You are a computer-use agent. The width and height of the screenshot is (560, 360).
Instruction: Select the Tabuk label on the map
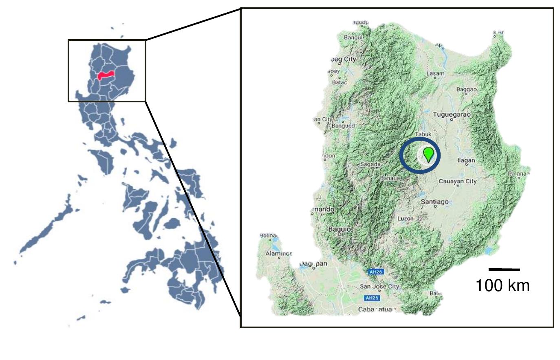click(x=423, y=134)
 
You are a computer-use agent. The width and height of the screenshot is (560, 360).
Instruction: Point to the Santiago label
click(x=434, y=202)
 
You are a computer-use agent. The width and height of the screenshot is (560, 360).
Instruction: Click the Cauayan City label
click(x=457, y=181)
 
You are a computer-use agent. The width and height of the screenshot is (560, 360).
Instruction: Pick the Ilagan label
click(x=466, y=160)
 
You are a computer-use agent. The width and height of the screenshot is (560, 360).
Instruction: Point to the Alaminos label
click(x=279, y=253)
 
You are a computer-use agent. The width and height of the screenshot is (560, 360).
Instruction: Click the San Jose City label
click(x=379, y=287)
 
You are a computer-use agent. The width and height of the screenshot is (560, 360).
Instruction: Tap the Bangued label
click(x=343, y=126)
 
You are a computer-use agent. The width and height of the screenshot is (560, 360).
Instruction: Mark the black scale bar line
click(x=504, y=269)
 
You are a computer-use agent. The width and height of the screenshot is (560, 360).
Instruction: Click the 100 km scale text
click(x=503, y=285)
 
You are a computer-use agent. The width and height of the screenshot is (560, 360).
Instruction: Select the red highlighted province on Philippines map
click(x=107, y=76)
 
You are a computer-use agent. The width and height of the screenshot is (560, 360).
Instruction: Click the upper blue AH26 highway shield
click(x=375, y=272)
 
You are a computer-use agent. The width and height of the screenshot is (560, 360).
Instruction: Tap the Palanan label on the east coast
click(x=518, y=174)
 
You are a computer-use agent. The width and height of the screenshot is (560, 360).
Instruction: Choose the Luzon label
click(x=405, y=219)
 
